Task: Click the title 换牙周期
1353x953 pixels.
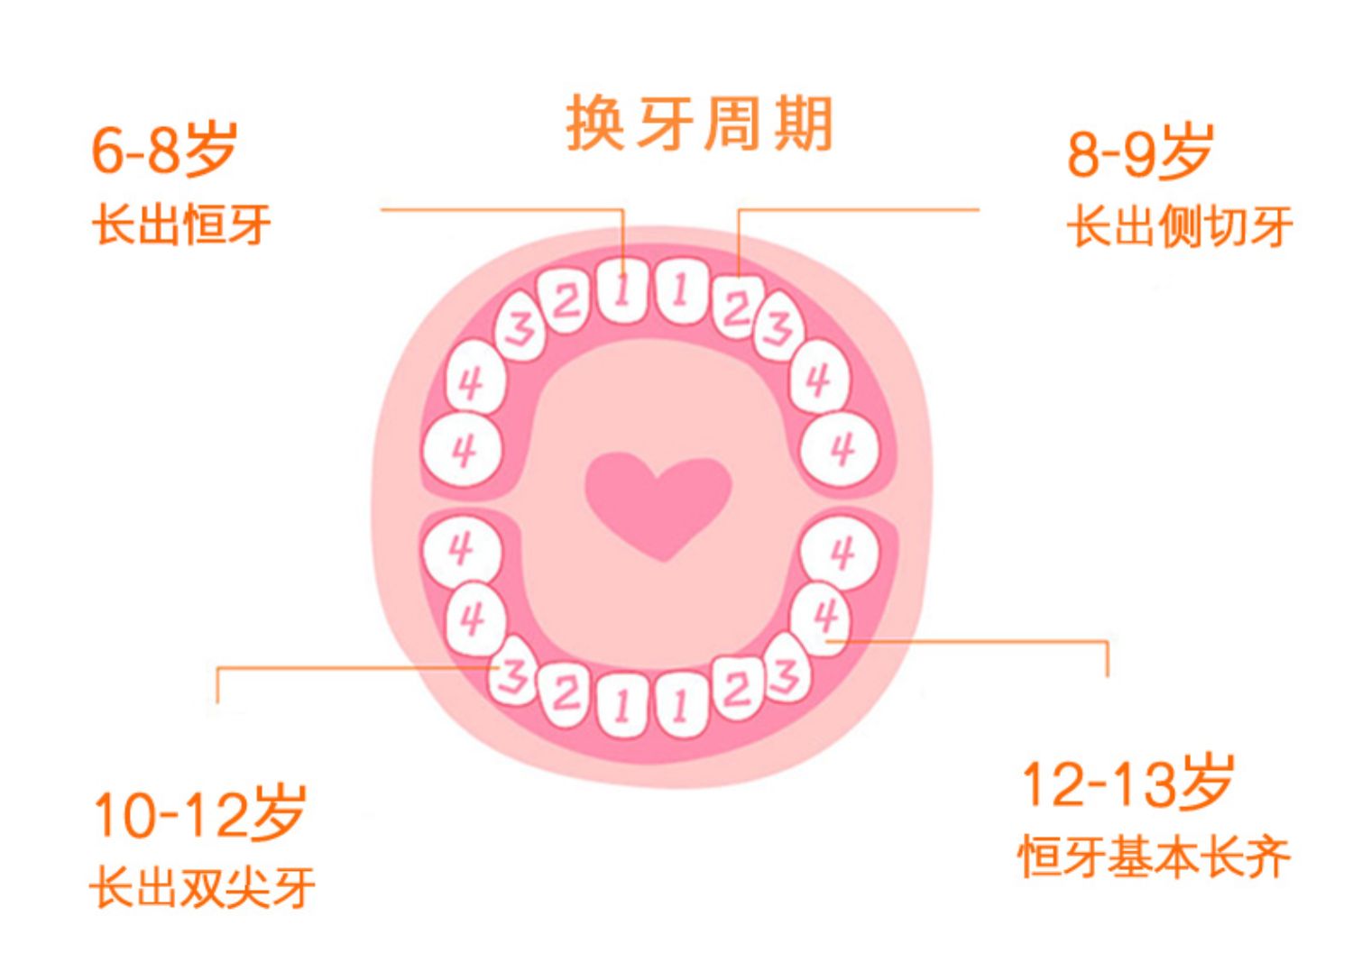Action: point(699,124)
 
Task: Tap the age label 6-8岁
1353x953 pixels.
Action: point(163,149)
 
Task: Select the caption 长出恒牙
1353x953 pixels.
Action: point(181,225)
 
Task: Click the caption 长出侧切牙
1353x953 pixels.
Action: point(1180,226)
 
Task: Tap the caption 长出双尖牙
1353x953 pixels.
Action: point(203,886)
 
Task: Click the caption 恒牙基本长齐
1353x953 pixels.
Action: point(1155,857)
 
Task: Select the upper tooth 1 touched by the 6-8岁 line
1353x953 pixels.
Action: point(622,290)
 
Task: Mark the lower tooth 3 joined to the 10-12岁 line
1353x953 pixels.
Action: point(513,673)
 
